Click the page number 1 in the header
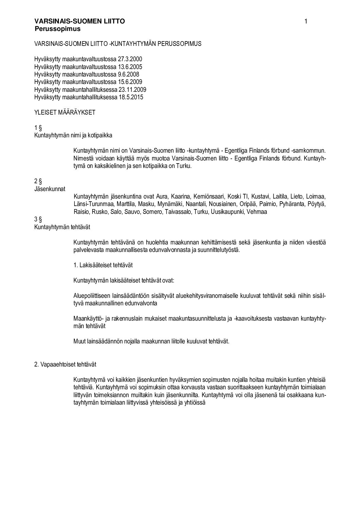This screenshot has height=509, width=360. [306, 22]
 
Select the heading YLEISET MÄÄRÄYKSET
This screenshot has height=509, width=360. [65, 113]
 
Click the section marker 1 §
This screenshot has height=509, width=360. [38, 128]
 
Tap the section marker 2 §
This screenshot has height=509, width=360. [38, 181]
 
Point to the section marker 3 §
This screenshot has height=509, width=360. [38, 219]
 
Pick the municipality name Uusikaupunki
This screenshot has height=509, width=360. [227, 212]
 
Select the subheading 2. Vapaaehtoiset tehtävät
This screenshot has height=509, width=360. [65, 364]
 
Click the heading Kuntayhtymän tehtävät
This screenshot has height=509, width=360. [62, 226]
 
